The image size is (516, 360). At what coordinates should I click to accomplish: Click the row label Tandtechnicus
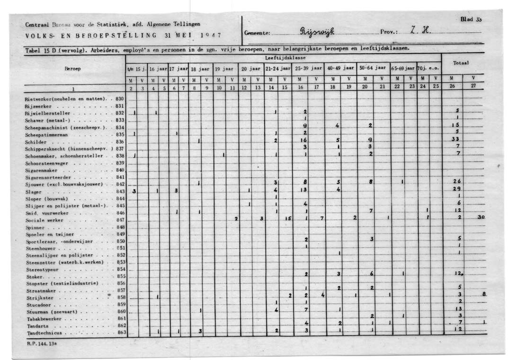click(x=44, y=334)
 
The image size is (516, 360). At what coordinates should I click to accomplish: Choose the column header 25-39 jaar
click(x=308, y=69)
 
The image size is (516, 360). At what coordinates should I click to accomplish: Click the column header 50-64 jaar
click(x=373, y=69)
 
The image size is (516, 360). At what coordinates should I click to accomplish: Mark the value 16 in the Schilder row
click(x=305, y=141)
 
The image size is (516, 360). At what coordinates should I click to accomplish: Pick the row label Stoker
click(x=35, y=277)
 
